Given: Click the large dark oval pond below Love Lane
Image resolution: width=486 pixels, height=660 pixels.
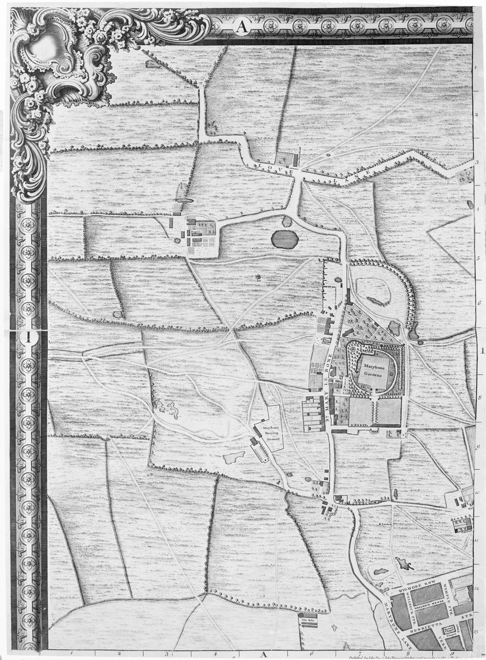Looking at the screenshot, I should point(285,239).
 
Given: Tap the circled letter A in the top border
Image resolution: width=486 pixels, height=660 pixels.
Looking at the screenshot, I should point(241,26).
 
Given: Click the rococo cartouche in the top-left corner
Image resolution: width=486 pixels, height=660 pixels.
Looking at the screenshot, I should point(52,58).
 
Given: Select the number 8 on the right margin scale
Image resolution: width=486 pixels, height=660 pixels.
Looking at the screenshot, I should point(479,398).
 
